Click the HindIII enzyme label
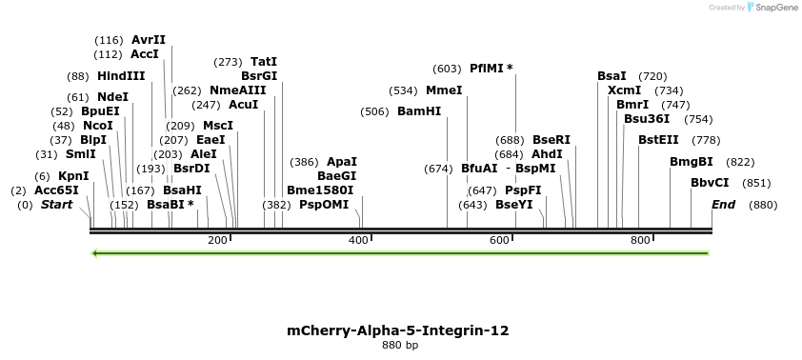coord(121,76)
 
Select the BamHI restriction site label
coord(419,111)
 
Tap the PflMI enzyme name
coord(491,69)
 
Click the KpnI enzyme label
coord(73,176)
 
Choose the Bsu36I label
coord(647,119)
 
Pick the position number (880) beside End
coord(763,205)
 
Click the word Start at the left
coord(56,205)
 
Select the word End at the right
coord(724,205)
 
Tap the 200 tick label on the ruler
coord(217,240)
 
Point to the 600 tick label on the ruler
coord(499,240)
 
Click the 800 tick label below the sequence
coord(640,240)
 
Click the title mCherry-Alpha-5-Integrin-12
coord(398,330)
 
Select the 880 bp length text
coord(400,346)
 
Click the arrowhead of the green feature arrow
coord(94,253)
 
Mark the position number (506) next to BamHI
coord(374,111)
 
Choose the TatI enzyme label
coord(264,61)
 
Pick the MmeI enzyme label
coord(444,90)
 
